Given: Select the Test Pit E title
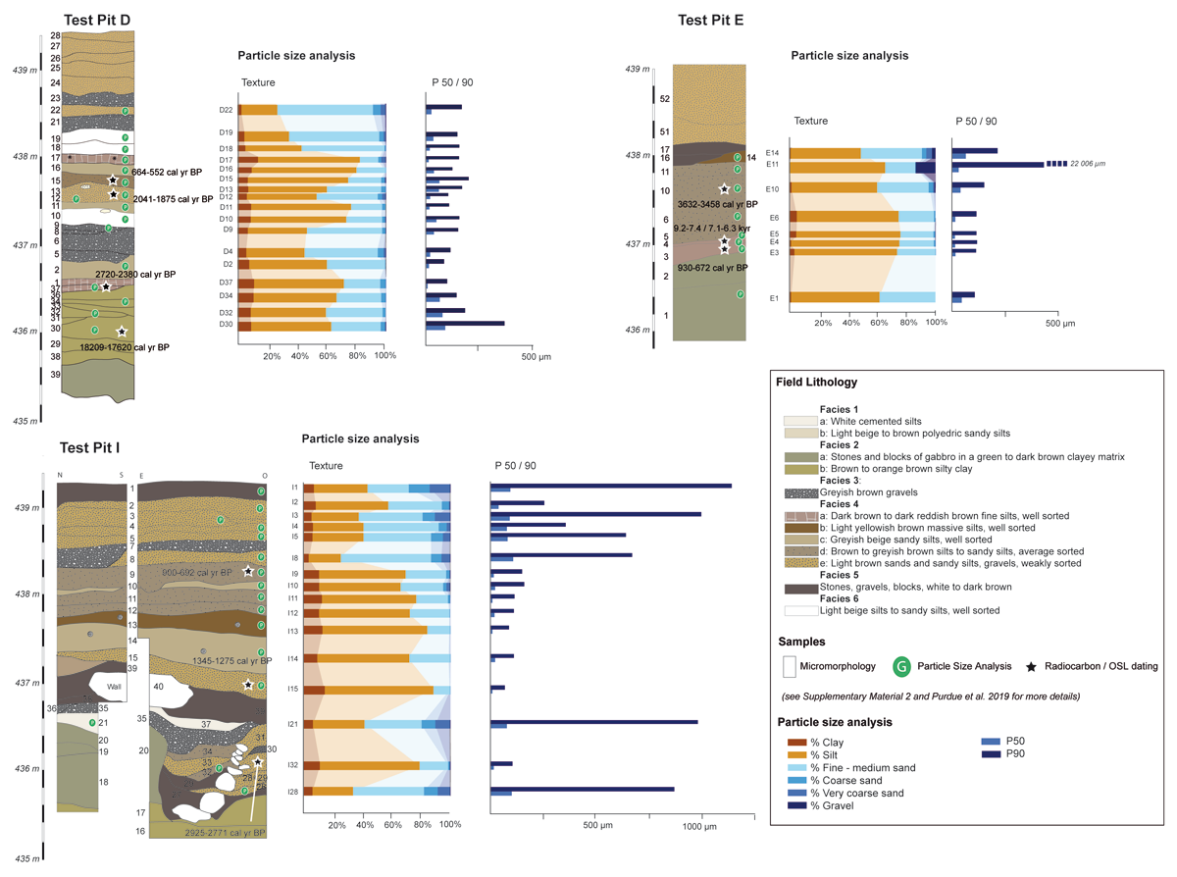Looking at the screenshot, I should coord(715,19).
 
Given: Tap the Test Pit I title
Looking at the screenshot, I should coord(90,447).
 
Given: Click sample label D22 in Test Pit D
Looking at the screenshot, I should coord(226,110).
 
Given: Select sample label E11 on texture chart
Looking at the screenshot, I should coord(773,165).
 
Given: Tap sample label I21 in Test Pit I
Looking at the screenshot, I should coord(292,724).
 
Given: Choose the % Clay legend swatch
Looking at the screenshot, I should coord(797,742).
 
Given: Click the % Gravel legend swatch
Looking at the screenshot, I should coord(797,805).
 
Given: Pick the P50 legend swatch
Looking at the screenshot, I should coord(991,742).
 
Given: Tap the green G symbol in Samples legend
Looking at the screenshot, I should coord(901,667).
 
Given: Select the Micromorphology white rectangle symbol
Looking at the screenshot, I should coord(790,666).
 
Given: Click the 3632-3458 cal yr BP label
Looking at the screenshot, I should coord(717,204).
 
